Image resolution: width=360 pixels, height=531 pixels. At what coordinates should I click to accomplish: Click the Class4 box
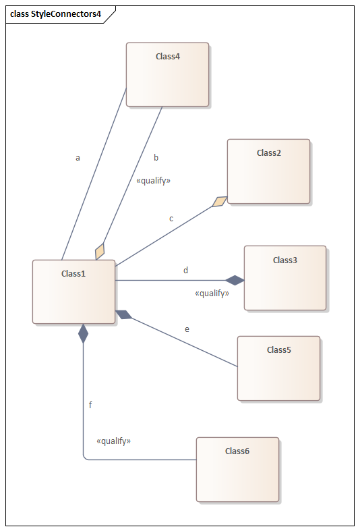point(167,74)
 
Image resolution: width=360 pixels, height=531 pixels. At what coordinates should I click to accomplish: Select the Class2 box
point(268,171)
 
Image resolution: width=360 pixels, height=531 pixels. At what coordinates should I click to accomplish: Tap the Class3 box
point(285,278)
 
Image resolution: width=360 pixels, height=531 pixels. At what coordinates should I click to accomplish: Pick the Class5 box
point(279,368)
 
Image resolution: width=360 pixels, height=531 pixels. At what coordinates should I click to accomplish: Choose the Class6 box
point(237,470)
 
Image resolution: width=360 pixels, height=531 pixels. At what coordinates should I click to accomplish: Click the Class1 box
point(73,292)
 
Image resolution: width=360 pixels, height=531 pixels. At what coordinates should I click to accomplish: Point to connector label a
point(78,158)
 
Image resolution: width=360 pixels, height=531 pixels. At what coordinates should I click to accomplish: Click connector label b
point(156,157)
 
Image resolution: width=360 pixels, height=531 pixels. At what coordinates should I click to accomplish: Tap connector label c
point(171,219)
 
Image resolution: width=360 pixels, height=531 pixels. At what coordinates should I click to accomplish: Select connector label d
point(186,271)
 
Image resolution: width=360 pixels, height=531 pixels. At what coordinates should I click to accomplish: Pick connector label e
point(187,329)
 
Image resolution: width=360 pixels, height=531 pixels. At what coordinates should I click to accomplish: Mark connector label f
point(90,405)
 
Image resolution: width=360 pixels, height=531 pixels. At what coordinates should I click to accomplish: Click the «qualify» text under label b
point(153,181)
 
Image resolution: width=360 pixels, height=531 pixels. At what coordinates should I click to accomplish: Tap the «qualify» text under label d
point(212,294)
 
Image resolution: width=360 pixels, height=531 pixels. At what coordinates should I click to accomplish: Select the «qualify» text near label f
point(114,441)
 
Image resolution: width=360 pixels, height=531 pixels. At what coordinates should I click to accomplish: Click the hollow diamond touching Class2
point(220,202)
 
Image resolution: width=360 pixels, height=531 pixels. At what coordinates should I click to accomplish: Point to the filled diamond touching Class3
point(235,281)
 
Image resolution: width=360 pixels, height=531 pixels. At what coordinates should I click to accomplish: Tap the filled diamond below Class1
point(83,333)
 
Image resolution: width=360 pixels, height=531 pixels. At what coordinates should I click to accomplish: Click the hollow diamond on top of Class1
point(100,252)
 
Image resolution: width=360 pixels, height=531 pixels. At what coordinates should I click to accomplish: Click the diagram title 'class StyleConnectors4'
point(55,14)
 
